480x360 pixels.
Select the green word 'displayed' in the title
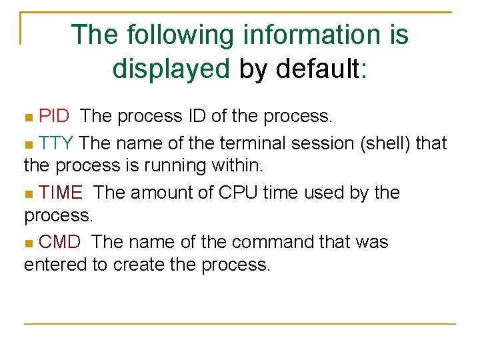pyautogui.click(x=171, y=67)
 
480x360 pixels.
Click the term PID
pyautogui.click(x=54, y=116)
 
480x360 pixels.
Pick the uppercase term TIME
pyautogui.click(x=61, y=193)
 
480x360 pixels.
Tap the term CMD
pyautogui.click(x=60, y=241)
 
